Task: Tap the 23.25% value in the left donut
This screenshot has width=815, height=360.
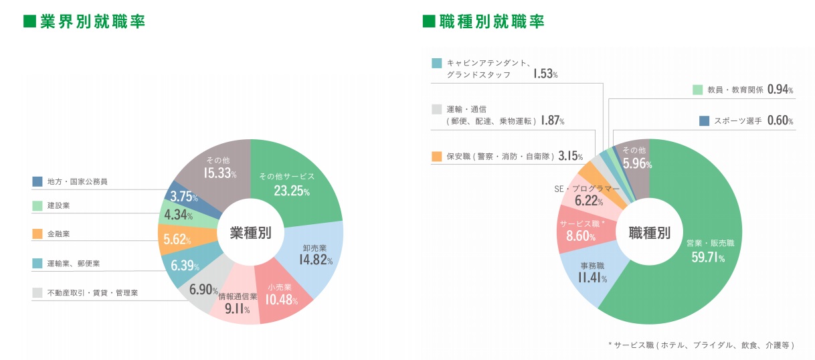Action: [292, 191]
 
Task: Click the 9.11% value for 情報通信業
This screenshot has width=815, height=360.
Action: [237, 309]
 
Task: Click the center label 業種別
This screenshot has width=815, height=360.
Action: [250, 233]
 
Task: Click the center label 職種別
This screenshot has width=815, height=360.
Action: [649, 233]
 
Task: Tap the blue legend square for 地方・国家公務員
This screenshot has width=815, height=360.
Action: [37, 181]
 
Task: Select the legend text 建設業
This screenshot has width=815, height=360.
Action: [58, 205]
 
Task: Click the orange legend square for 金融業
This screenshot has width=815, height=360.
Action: [37, 234]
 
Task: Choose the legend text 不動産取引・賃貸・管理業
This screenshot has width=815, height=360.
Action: [92, 292]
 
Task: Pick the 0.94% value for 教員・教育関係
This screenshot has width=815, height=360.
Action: [780, 89]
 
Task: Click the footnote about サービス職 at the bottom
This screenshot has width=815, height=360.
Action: [701, 345]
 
